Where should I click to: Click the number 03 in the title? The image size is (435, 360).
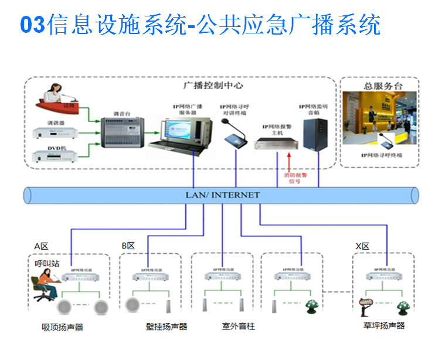pyautogui.click(x=33, y=25)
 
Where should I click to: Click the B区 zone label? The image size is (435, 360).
pyautogui.click(x=128, y=246)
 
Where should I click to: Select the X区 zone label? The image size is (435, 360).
pyautogui.click(x=363, y=246)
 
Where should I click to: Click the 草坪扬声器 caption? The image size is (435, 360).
pyautogui.click(x=384, y=325)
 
